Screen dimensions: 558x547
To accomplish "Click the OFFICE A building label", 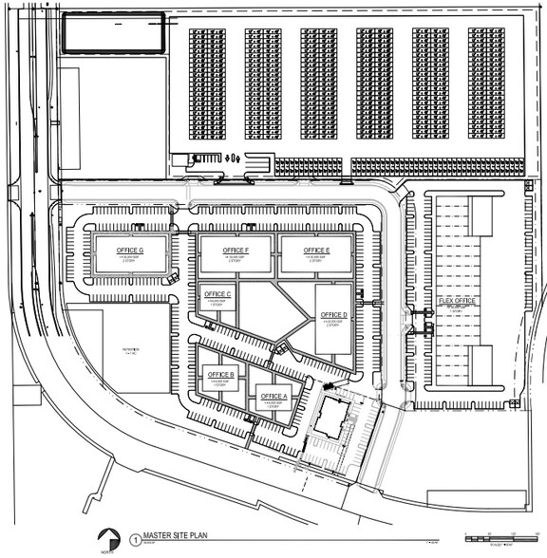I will pos(273,396).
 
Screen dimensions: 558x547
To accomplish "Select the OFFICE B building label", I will pos(220,375).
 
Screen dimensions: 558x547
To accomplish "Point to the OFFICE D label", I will pos(333,315).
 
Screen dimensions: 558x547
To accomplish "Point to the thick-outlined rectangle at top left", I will pos(112,35).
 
